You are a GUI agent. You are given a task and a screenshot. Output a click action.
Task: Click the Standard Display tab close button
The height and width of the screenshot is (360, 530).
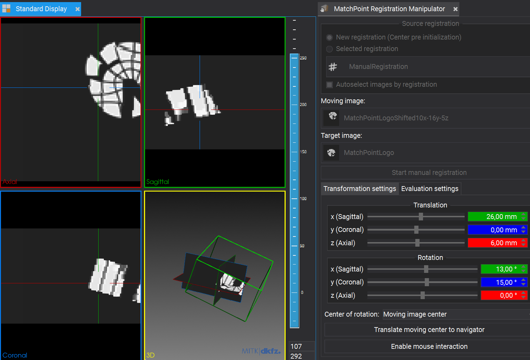coord(77,9)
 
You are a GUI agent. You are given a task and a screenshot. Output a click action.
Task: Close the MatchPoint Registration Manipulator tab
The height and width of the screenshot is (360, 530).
coord(455,9)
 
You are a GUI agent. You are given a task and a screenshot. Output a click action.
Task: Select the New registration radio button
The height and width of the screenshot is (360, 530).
coord(329,37)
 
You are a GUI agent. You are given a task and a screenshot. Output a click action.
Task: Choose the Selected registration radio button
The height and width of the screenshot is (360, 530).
coord(329,49)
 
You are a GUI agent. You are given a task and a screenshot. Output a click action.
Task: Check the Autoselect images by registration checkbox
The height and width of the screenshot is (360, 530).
coord(329,85)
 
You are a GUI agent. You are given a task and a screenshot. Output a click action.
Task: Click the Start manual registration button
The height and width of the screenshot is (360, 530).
coord(429,173)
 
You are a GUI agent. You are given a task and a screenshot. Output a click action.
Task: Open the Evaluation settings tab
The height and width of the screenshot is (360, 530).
coord(430,189)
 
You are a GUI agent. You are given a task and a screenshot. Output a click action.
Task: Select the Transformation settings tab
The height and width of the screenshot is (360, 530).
coord(360,189)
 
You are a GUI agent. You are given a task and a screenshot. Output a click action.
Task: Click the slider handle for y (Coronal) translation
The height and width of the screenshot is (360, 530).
coord(416,230)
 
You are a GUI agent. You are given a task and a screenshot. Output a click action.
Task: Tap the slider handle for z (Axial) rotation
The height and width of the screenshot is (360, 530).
coord(423,296)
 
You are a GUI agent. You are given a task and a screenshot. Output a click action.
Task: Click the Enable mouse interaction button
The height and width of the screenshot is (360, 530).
coord(429,346)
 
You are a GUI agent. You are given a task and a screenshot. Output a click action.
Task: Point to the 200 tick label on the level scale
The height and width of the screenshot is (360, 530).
coord(303,105)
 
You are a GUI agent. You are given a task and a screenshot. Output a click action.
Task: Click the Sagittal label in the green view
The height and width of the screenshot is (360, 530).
coord(158,182)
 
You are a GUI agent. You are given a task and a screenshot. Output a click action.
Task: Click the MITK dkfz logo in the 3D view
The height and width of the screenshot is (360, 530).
coord(261,351)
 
